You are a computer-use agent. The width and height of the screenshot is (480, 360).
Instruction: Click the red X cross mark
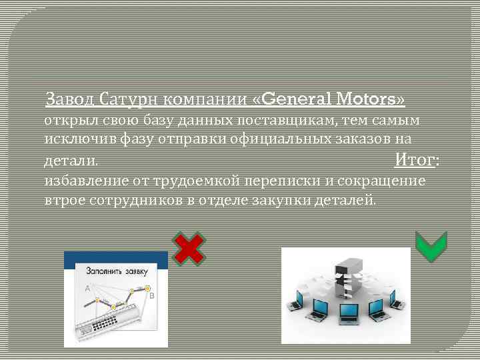(x=189, y=248)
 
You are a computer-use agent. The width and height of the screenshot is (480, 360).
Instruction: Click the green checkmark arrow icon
(x=431, y=247)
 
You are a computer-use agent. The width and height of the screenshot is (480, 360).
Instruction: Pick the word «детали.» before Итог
(x=70, y=161)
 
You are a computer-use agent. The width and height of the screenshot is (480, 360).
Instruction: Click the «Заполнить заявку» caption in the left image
(x=115, y=271)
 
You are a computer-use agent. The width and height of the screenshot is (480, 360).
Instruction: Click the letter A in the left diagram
(x=87, y=288)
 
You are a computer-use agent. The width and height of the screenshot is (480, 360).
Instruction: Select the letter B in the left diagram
(x=151, y=295)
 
